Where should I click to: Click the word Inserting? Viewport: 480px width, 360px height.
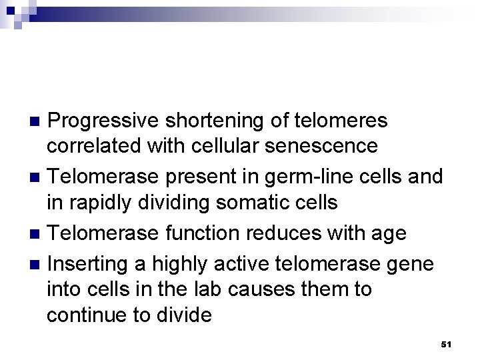point(90,265)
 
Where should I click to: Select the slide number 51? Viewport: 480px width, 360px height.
point(447,345)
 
